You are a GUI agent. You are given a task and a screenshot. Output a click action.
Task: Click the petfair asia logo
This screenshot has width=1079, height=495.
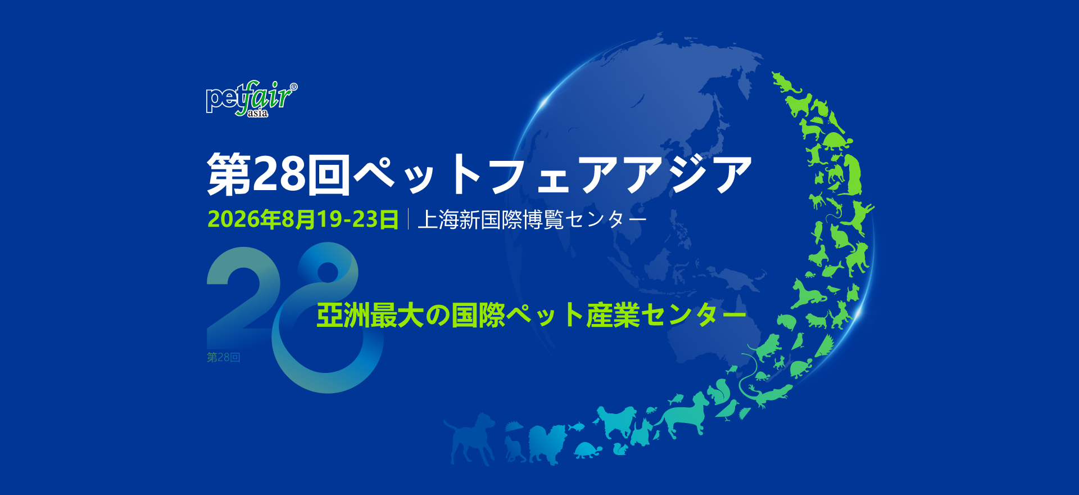[251, 99]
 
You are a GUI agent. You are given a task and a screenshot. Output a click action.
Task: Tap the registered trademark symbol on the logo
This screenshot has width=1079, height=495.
[293, 87]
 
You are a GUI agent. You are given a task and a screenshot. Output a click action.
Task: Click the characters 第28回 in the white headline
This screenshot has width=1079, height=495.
[279, 174]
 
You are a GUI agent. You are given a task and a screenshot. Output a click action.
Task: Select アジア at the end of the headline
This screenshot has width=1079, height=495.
[687, 174]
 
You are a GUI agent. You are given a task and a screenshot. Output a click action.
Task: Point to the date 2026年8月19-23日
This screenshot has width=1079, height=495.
[303, 219]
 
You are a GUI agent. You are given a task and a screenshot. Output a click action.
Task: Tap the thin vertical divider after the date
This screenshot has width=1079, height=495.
[409, 219]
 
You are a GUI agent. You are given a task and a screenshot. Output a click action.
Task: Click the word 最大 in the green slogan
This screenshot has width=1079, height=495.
[397, 315]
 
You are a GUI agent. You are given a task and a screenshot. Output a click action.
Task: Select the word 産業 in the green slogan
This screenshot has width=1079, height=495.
[613, 315]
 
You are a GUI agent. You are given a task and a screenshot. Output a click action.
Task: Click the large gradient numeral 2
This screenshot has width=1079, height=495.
[244, 288]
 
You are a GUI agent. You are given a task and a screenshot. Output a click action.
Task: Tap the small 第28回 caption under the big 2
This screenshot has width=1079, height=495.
[223, 357]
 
